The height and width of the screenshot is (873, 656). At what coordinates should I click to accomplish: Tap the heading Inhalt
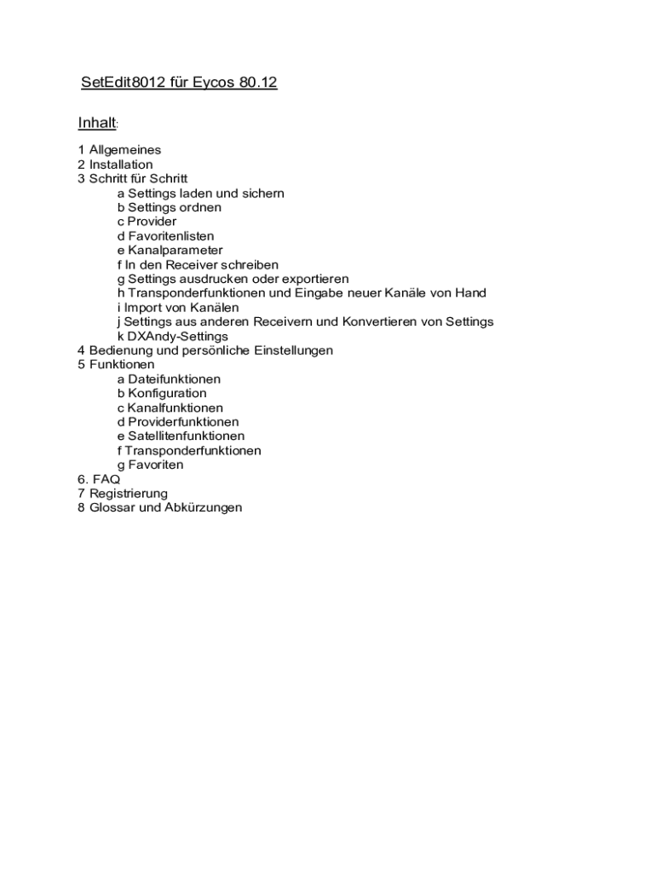pos(96,124)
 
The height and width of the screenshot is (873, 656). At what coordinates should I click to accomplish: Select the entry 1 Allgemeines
pos(119,150)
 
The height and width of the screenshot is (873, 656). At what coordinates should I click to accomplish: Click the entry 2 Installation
pos(115,165)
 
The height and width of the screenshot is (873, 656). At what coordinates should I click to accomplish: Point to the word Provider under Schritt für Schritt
pos(152,222)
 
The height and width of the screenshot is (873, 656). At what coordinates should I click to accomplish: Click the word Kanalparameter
pos(176,251)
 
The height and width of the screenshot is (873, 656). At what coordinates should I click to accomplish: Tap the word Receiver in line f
pos(199,265)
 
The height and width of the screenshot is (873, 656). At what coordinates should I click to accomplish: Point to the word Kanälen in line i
pos(216,308)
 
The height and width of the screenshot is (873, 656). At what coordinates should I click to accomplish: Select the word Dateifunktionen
pos(174,379)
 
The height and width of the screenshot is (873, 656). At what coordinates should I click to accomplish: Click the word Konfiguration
pos(167,394)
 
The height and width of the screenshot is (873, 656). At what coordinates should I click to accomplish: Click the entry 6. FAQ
pos(99,479)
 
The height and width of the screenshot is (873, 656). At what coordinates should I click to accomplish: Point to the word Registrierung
pos(129,494)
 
